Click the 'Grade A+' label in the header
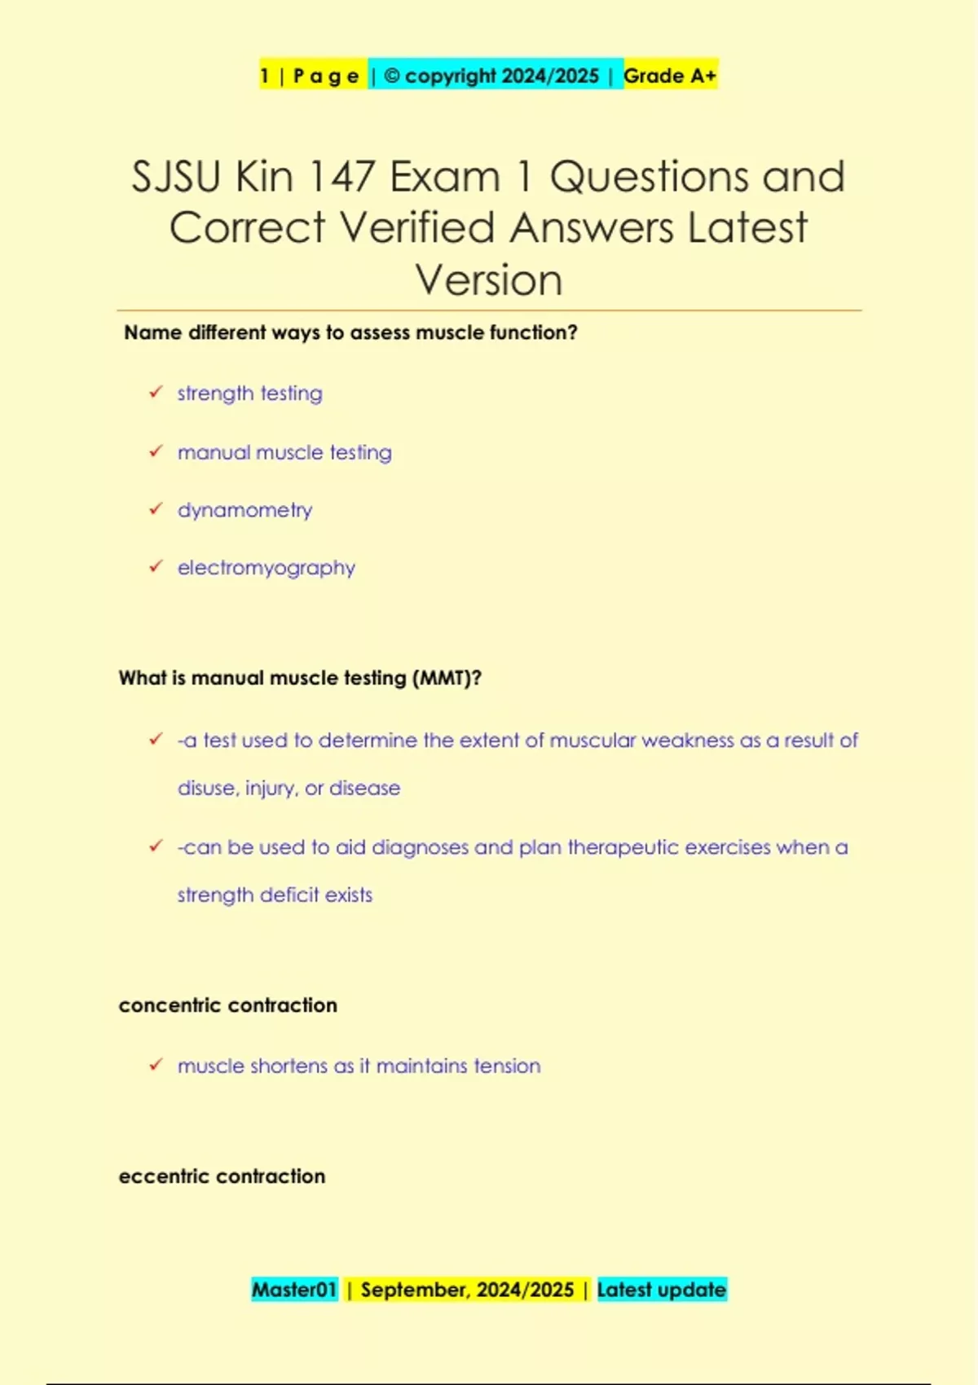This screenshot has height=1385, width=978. pyautogui.click(x=670, y=76)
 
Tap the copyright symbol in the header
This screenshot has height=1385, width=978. pyautogui.click(x=392, y=76)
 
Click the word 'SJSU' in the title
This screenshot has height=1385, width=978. pyautogui.click(x=176, y=177)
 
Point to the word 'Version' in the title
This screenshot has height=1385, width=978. pyautogui.click(x=489, y=280)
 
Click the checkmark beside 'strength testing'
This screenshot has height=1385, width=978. pyautogui.click(x=156, y=393)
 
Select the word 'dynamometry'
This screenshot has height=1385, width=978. pyautogui.click(x=244, y=510)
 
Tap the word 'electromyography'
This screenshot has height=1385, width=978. pyautogui.click(x=267, y=568)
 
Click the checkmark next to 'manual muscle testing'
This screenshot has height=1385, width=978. pyautogui.click(x=156, y=451)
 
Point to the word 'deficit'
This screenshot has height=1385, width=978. pyautogui.click(x=289, y=895)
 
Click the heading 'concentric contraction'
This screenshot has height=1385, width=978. pyautogui.click(x=227, y=1005)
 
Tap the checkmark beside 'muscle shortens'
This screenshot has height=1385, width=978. pyautogui.click(x=156, y=1065)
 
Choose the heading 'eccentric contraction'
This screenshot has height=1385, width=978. pyautogui.click(x=222, y=1176)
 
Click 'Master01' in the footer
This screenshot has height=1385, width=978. pyautogui.click(x=294, y=1290)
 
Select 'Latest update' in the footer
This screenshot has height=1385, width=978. pyautogui.click(x=661, y=1290)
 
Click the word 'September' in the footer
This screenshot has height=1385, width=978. pyautogui.click(x=414, y=1290)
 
